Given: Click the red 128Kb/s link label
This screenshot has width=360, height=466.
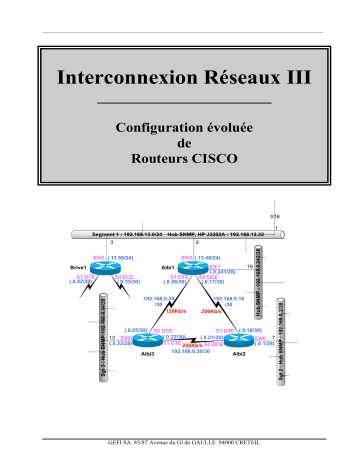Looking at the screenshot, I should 163,310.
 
